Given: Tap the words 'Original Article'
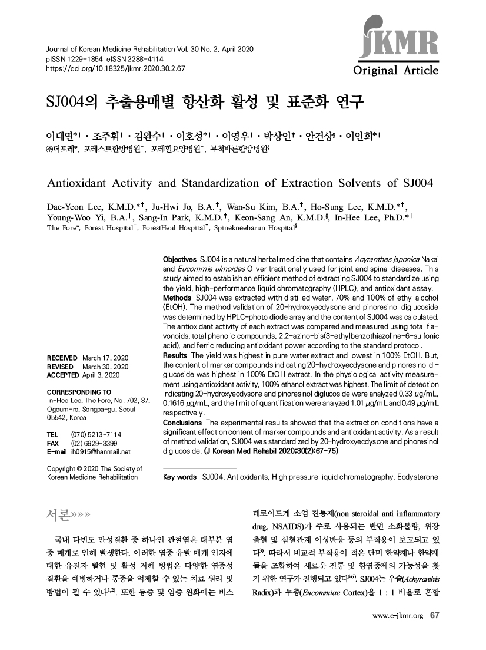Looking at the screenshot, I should (x=395, y=71).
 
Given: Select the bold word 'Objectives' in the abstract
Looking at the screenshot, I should (x=180, y=260).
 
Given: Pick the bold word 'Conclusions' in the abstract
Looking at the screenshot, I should (x=182, y=423).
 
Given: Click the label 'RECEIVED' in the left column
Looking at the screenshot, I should (x=61, y=358).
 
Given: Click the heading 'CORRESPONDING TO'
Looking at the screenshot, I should (x=78, y=391).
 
